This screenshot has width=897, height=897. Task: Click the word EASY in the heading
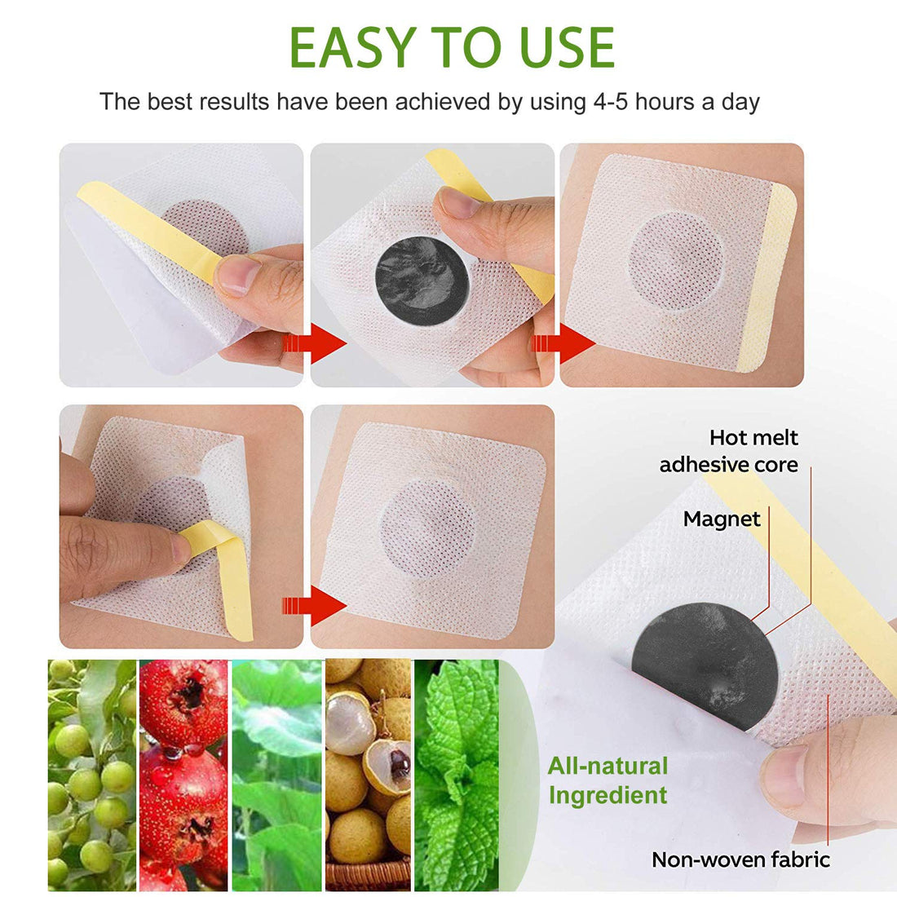[351, 47]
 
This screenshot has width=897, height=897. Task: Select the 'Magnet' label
[722, 519]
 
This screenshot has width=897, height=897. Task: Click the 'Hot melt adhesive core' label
[729, 451]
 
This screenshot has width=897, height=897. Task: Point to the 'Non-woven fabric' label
[740, 859]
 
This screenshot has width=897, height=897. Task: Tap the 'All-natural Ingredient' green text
[608, 780]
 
